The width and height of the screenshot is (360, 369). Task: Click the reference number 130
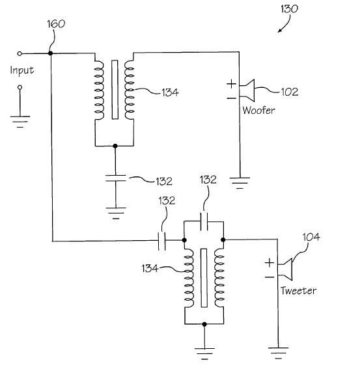289,9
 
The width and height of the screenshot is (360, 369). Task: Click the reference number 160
56,24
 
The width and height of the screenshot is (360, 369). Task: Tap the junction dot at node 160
50,53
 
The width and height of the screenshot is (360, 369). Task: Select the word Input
22,70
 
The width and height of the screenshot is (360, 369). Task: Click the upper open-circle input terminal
20,54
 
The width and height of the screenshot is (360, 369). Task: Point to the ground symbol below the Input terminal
20,122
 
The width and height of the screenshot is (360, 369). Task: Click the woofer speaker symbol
247,90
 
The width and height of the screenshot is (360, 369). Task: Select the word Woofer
258,111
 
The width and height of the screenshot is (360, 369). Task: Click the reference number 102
290,92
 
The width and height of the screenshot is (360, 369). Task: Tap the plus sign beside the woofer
231,84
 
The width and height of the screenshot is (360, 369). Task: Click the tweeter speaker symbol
285,269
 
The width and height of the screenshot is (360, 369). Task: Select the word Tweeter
298,291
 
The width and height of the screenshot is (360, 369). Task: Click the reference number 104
311,237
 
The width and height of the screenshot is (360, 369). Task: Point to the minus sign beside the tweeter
270,277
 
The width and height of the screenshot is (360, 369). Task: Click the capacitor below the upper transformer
116,178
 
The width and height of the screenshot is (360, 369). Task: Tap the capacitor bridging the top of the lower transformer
204,221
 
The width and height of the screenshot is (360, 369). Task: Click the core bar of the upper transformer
115,90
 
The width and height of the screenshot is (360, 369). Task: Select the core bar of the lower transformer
204,278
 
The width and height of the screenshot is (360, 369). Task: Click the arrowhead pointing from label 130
279,31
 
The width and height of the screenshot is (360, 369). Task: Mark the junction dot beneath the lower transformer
204,324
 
